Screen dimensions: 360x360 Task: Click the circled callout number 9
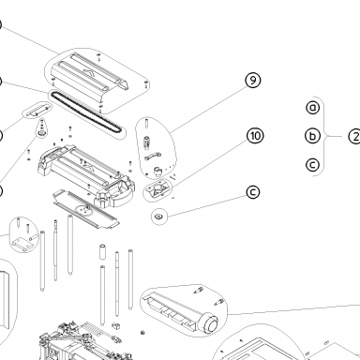[253, 81]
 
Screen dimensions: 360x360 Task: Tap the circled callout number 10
[255, 136]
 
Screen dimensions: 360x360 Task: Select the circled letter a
[313, 108]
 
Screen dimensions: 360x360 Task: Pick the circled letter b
[312, 136]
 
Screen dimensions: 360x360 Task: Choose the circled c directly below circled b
[312, 165]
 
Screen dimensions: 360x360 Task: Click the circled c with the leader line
[253, 192]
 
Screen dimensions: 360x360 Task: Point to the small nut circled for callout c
[158, 216]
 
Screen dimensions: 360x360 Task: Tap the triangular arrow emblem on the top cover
[90, 73]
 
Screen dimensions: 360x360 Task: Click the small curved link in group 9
[153, 156]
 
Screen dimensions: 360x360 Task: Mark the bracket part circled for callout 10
[157, 188]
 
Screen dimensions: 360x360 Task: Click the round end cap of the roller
[211, 323]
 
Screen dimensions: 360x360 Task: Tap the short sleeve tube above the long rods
[102, 252]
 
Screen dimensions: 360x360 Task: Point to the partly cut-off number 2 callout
[354, 137]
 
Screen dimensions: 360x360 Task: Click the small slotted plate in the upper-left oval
[37, 110]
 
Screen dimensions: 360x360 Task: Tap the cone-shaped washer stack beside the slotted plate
[41, 128]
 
